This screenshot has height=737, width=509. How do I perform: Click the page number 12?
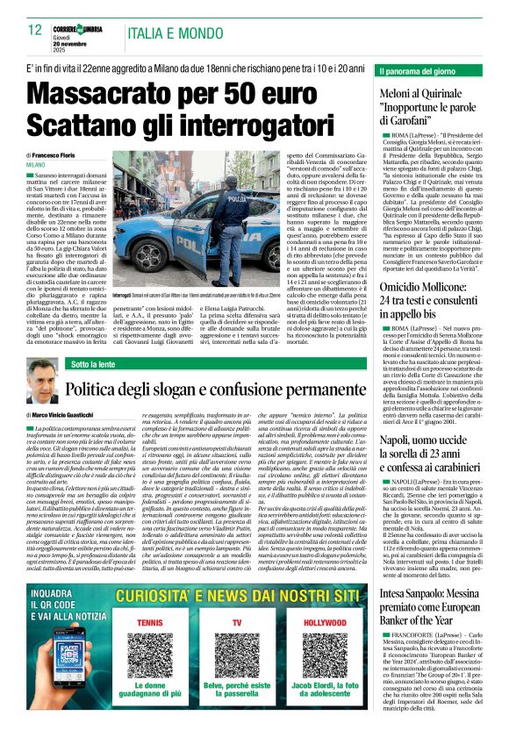[36, 30]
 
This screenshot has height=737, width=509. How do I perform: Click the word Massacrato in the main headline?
[97, 90]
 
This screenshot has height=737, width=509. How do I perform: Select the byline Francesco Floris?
[62, 154]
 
